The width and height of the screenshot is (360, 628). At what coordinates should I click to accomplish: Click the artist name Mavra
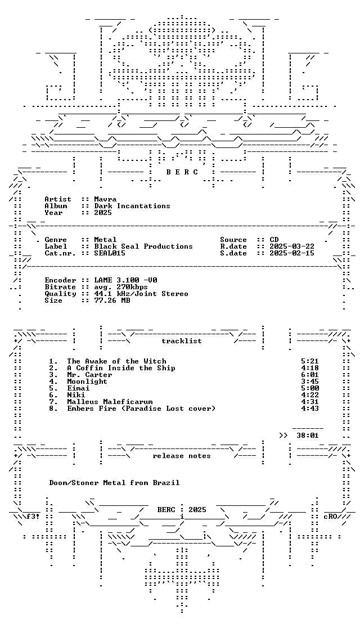pos(105,199)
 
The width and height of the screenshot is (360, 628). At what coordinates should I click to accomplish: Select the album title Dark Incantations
pos(132,206)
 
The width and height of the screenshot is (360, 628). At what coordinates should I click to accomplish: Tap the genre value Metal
pos(105,240)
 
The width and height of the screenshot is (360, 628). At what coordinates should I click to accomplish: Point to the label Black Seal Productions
pos(143,246)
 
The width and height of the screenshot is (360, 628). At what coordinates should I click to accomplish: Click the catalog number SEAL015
pos(110,253)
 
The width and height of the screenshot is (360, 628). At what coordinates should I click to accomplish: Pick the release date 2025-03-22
pos(292,246)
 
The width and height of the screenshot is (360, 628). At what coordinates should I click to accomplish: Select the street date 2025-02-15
pos(292,253)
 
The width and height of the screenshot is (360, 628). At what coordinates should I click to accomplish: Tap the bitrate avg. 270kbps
pos(121,287)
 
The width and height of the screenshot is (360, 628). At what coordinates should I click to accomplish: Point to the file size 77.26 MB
pos(112,300)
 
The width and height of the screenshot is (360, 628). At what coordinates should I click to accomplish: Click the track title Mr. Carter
pos(89,375)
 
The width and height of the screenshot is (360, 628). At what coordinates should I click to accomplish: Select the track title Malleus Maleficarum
pos(110,402)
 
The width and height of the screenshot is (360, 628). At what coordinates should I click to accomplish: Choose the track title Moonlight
pos(87,382)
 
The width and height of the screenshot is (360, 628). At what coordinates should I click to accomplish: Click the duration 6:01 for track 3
pos(309,375)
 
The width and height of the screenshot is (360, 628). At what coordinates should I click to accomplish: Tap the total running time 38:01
pos(308,436)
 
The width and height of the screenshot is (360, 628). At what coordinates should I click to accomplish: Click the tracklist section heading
pos(181,341)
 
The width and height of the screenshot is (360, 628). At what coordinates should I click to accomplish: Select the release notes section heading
pos(181,456)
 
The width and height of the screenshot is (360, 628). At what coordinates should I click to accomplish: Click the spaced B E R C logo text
pos(182,172)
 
